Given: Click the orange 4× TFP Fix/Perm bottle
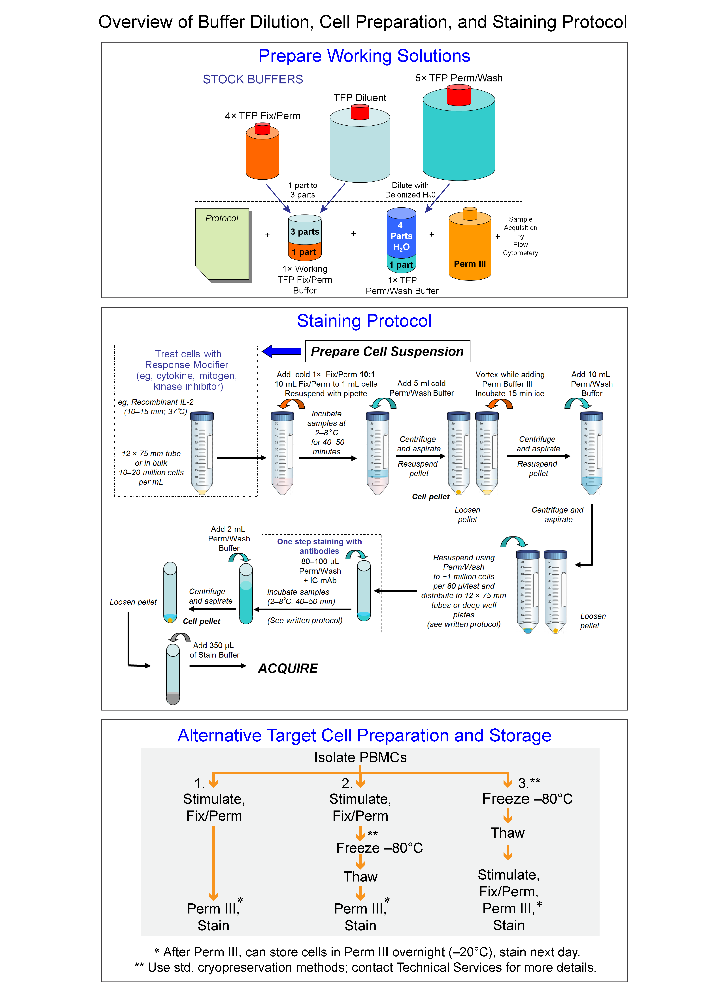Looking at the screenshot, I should click(x=262, y=154).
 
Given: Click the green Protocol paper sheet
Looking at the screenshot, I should click(x=222, y=244).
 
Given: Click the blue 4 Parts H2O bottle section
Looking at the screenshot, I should click(x=401, y=233).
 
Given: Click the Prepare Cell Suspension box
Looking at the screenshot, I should click(x=387, y=351).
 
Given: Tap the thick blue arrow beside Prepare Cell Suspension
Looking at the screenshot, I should click(x=282, y=351).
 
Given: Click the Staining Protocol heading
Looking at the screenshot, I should click(x=364, y=321).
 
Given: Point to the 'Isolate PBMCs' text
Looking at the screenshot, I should click(x=360, y=758).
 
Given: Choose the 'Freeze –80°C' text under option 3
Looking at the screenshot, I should click(x=527, y=799).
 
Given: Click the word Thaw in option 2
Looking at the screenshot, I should click(x=360, y=876).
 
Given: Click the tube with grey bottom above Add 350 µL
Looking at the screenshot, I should click(x=173, y=675).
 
